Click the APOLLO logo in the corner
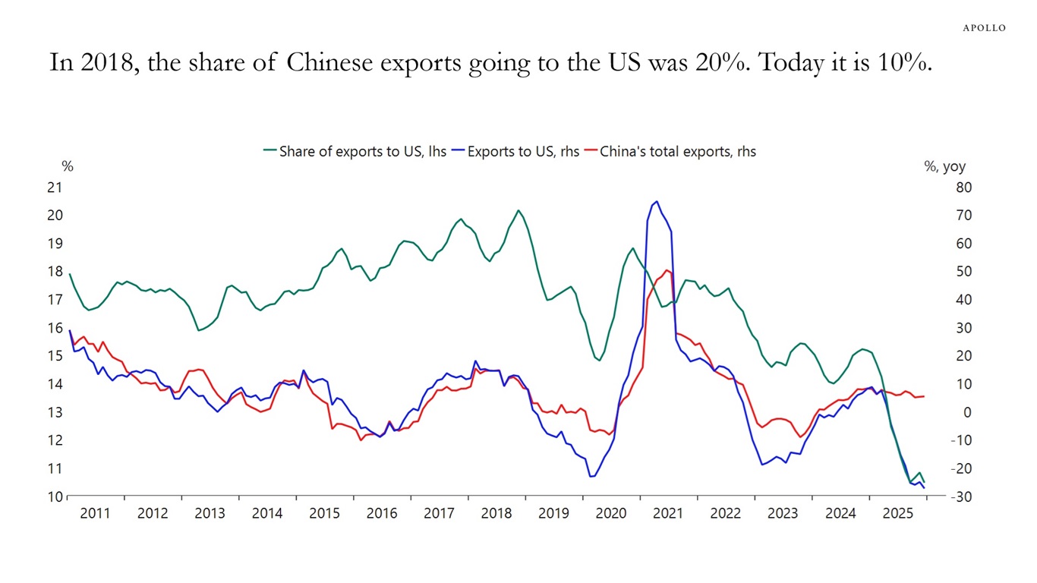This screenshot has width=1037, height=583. click(x=984, y=28)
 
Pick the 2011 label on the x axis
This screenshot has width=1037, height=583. click(x=96, y=513)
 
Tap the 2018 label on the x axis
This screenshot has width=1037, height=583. click(x=496, y=513)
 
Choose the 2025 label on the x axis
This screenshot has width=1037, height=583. click(x=897, y=513)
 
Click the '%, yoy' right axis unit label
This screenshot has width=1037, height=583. click(x=944, y=167)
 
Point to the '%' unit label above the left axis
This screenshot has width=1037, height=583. click(x=68, y=167)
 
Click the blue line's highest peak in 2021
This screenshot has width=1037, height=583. click(x=656, y=202)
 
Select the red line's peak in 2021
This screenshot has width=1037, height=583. click(x=666, y=270)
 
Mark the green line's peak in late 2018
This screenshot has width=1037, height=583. click(x=518, y=211)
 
